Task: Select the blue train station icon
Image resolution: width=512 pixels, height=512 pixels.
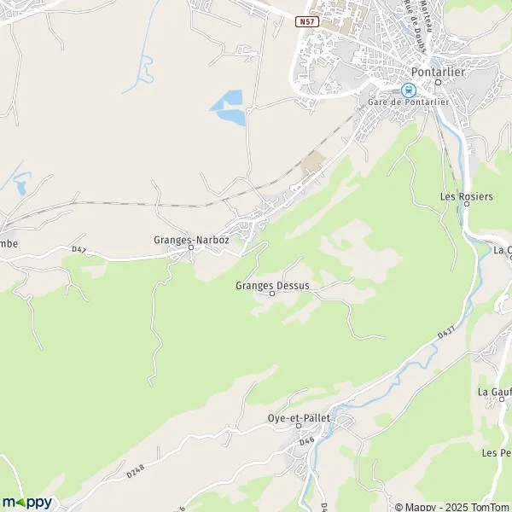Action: pyautogui.click(x=408, y=90)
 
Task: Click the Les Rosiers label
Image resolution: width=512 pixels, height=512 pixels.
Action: pyautogui.click(x=466, y=196)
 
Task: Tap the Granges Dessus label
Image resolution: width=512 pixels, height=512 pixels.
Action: pyautogui.click(x=272, y=285)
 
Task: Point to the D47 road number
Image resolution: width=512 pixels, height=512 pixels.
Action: pyautogui.click(x=79, y=249)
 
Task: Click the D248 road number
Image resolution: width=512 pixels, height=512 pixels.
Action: pyautogui.click(x=137, y=469)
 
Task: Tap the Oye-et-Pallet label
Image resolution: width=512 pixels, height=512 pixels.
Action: pyautogui.click(x=296, y=419)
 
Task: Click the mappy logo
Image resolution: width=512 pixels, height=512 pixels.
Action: pyautogui.click(x=26, y=502)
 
